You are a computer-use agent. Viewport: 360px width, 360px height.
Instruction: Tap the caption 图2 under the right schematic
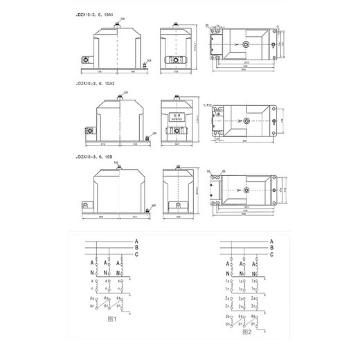coord(246,332)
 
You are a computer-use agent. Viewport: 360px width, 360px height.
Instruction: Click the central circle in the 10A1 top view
coord(246,46)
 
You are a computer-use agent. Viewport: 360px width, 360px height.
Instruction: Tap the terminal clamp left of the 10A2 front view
coord(88,129)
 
